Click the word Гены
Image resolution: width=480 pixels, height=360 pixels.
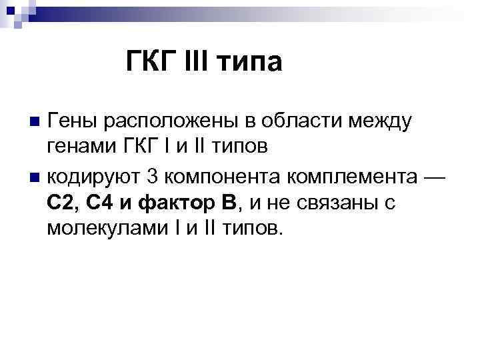[x=73, y=122]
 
